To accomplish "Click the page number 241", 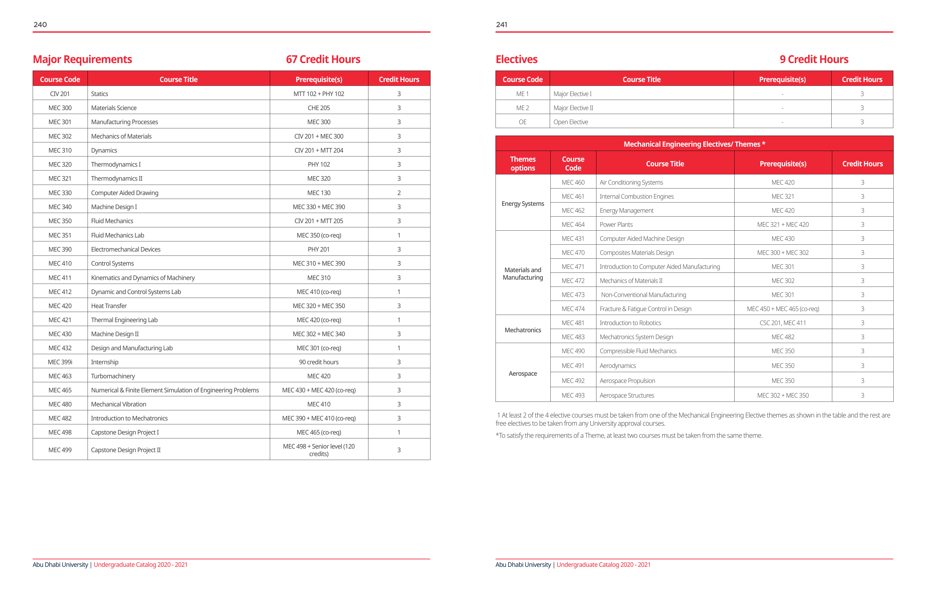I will point(501,25).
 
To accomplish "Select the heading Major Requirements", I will point(82,59).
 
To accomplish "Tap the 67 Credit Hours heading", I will point(323,59).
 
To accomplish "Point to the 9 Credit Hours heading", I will point(814,59).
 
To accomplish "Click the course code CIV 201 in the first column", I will point(60,94).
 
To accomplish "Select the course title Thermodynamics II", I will point(117,178).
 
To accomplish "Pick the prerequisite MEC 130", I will point(318,193).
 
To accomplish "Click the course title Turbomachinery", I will point(113,376).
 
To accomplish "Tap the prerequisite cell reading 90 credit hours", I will point(318,362).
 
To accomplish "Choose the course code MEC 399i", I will point(60,362).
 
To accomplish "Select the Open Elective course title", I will point(570,122).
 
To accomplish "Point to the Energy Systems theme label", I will point(523,204).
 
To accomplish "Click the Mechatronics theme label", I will point(523,330).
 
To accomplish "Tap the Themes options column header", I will point(523,163).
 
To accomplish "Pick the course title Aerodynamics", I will point(618,366).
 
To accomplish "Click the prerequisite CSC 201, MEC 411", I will point(783,323).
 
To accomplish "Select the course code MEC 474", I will point(573,309).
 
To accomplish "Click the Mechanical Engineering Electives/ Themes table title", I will point(694,144).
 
